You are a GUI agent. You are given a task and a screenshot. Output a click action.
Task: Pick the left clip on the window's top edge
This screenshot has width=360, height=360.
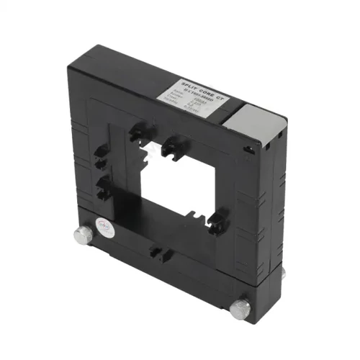click(137, 132)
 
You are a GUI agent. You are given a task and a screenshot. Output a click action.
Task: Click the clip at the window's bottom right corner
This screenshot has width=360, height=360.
click(220, 216)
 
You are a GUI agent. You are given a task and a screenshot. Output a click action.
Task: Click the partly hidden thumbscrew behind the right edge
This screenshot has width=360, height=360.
click(282, 272)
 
